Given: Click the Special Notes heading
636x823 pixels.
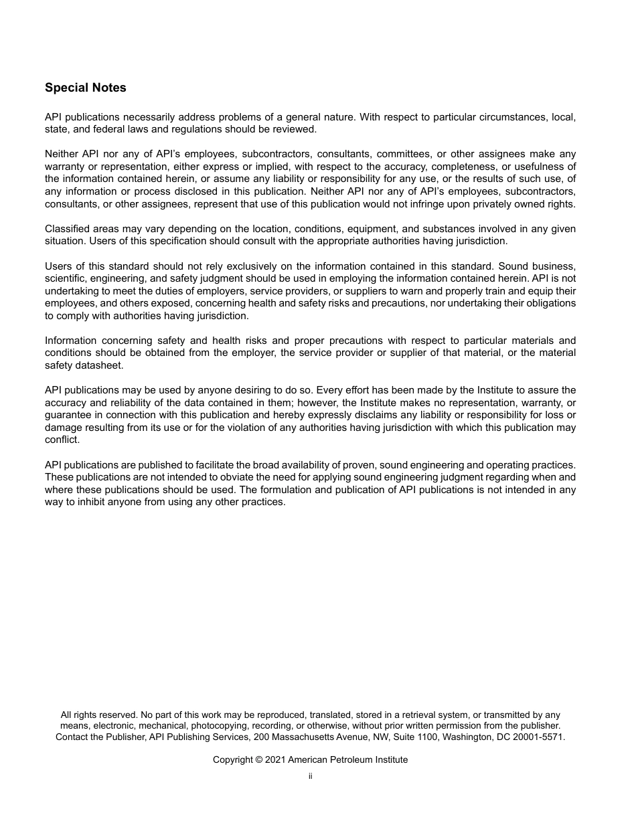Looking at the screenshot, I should (85, 88).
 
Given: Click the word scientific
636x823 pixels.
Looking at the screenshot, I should (66, 278).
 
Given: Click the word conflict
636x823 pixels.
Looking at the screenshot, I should (62, 440).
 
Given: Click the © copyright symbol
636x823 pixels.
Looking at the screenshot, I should (259, 760).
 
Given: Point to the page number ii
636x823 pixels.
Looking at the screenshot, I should (311, 776).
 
